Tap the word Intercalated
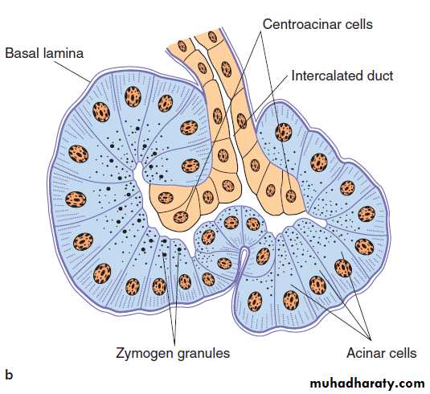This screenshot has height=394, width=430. [325, 76]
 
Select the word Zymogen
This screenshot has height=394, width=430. [144, 353]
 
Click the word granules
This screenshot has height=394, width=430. [203, 353]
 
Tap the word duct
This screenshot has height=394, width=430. [380, 76]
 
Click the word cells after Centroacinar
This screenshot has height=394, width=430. [355, 24]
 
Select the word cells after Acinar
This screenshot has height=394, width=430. [402, 353]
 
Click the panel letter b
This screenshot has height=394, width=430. [9, 375]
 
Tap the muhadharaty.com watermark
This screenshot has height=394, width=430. [367, 383]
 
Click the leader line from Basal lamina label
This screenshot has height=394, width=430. [72, 72]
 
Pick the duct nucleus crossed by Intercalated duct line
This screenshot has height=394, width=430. [242, 121]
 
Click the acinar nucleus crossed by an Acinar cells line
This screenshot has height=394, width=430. [343, 268]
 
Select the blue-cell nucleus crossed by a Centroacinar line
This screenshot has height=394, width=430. [284, 132]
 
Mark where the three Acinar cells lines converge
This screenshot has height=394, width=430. [371, 340]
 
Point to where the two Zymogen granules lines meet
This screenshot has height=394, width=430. [174, 343]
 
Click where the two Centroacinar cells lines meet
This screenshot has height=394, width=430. [260, 31]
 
